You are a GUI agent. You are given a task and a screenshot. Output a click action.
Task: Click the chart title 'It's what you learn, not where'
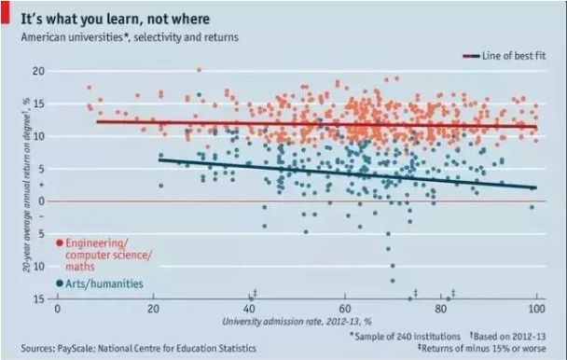point(115,19)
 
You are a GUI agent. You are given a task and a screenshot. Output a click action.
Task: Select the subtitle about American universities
point(130,37)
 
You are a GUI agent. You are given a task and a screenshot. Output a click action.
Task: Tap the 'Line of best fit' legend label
point(514,56)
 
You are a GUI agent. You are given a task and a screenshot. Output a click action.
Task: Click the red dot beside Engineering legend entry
point(60,242)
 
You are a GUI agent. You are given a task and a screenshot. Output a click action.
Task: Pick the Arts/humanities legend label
point(104,284)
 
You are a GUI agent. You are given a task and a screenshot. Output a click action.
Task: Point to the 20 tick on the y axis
point(38,71)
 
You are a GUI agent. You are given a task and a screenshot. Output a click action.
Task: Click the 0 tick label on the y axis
point(42,201)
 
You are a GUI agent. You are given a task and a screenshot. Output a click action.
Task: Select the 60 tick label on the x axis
point(345,309)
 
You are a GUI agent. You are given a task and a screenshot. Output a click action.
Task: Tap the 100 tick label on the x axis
point(536,309)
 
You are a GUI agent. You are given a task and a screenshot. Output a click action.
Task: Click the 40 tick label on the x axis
point(249,309)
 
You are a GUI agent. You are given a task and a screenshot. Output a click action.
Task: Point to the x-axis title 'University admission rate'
point(297,321)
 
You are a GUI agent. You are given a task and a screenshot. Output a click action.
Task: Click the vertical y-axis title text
point(26,186)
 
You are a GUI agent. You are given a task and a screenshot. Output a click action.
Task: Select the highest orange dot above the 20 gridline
point(199,69)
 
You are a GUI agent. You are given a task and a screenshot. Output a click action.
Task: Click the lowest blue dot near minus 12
point(393,281)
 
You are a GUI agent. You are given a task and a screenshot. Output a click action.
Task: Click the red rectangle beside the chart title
point(5,13)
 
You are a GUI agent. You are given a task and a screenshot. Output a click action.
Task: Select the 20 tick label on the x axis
point(153,309)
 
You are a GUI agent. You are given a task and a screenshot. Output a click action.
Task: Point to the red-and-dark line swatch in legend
point(471,56)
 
